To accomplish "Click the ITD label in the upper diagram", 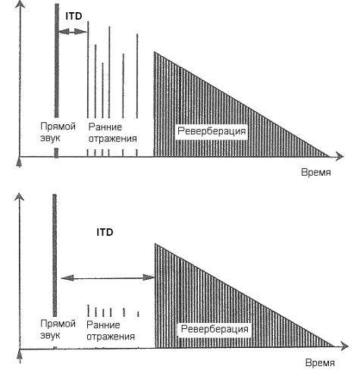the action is (x=74, y=16).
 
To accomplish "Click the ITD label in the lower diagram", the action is (x=105, y=232).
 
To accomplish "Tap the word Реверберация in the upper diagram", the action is (x=211, y=131).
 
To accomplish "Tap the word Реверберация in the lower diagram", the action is (x=214, y=329).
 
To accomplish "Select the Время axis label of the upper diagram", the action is (x=316, y=172).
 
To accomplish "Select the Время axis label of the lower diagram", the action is (x=320, y=363).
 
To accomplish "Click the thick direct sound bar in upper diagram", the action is (x=57, y=61).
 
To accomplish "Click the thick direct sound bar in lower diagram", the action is (x=55, y=255).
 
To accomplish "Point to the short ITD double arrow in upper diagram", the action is (x=73, y=32).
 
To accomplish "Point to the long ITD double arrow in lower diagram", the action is (x=108, y=277).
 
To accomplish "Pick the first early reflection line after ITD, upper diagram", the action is (x=88, y=70).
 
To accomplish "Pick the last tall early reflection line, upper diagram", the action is (x=137, y=76).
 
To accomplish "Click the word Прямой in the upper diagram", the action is (x=58, y=127).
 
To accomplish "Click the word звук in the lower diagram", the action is (x=50, y=336).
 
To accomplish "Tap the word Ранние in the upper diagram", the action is (x=105, y=127).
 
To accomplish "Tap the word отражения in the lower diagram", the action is (x=111, y=337).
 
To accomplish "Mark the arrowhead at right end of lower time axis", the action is (x=345, y=346).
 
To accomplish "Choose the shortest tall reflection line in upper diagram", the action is (x=102, y=90).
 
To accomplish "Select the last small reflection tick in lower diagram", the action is (x=138, y=314).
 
